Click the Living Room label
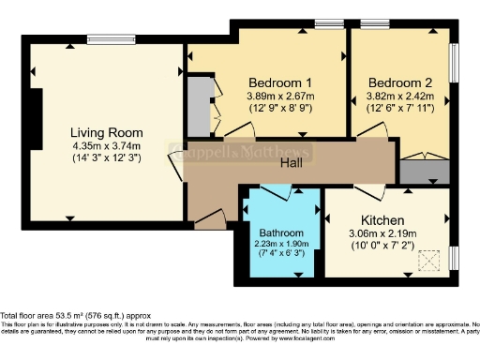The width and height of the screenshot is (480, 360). tap(106, 132)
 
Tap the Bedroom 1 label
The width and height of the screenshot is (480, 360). tap(280, 81)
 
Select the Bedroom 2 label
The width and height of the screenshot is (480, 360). tap(398, 81)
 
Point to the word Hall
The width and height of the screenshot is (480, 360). tap(292, 163)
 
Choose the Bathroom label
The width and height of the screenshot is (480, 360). tap(281, 232)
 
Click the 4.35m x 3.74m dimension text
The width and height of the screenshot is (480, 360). tap(106, 145)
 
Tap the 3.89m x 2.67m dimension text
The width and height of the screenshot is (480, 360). tap(280, 95)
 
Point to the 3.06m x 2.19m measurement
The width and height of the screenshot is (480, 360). tap(382, 232)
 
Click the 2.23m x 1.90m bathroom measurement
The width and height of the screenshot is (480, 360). tap(281, 244)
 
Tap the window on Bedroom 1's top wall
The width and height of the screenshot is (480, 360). tap(328, 23)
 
